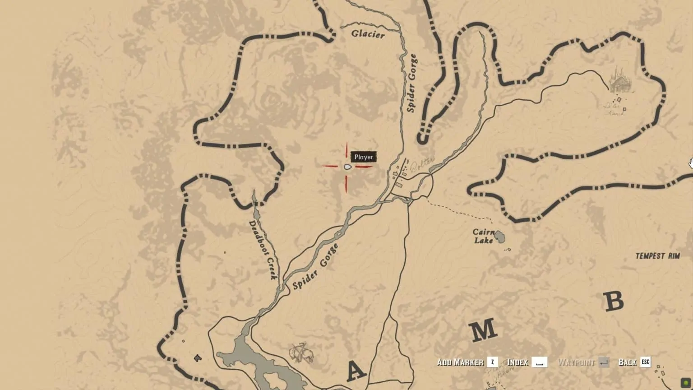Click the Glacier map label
pos(368,34)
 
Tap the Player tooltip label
pos(364,157)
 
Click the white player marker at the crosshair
pos(347,167)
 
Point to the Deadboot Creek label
pos(263,250)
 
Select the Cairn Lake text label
pos(483,236)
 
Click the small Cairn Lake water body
pos(499,236)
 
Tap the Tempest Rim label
pos(657,256)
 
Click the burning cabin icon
pos(619,81)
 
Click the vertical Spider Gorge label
pos(411,84)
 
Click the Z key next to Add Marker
pos(493,362)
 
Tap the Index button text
pos(517,362)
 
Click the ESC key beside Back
pos(646,362)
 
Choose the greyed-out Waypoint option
pos(576,362)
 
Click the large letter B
pos(614,301)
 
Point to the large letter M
pos(483,331)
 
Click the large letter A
pos(356,371)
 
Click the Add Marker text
pos(460,362)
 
